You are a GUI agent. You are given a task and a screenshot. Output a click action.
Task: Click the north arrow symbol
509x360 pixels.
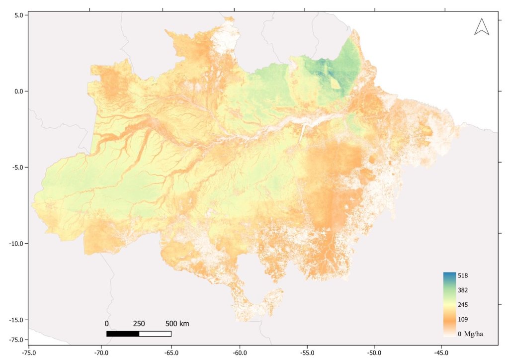[x=482, y=27]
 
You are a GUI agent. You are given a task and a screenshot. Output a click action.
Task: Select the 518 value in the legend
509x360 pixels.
[x=463, y=275]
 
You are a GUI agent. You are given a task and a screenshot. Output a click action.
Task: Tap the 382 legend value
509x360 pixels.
[x=463, y=290]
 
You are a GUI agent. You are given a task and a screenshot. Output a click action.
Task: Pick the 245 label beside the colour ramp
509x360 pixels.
[x=463, y=305]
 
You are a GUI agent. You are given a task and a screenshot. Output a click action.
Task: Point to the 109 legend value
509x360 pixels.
[x=463, y=319]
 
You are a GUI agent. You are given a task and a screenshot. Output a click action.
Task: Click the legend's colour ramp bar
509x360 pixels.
[x=449, y=304]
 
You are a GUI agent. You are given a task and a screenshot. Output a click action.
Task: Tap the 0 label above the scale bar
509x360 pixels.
[x=106, y=324]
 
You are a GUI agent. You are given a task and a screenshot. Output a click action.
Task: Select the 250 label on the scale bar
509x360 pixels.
[x=139, y=324]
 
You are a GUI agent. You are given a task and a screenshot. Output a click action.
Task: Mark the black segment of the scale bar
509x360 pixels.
[x=123, y=334]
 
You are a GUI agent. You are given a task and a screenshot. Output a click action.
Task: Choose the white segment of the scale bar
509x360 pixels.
[x=155, y=334]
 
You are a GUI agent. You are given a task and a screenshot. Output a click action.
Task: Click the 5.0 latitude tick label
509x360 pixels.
[x=19, y=15]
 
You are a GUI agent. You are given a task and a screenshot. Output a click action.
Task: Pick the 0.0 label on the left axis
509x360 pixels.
[x=19, y=91]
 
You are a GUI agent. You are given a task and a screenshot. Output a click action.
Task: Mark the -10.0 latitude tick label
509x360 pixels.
[x=17, y=244]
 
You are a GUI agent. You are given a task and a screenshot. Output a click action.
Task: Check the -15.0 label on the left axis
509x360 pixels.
[x=17, y=320]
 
